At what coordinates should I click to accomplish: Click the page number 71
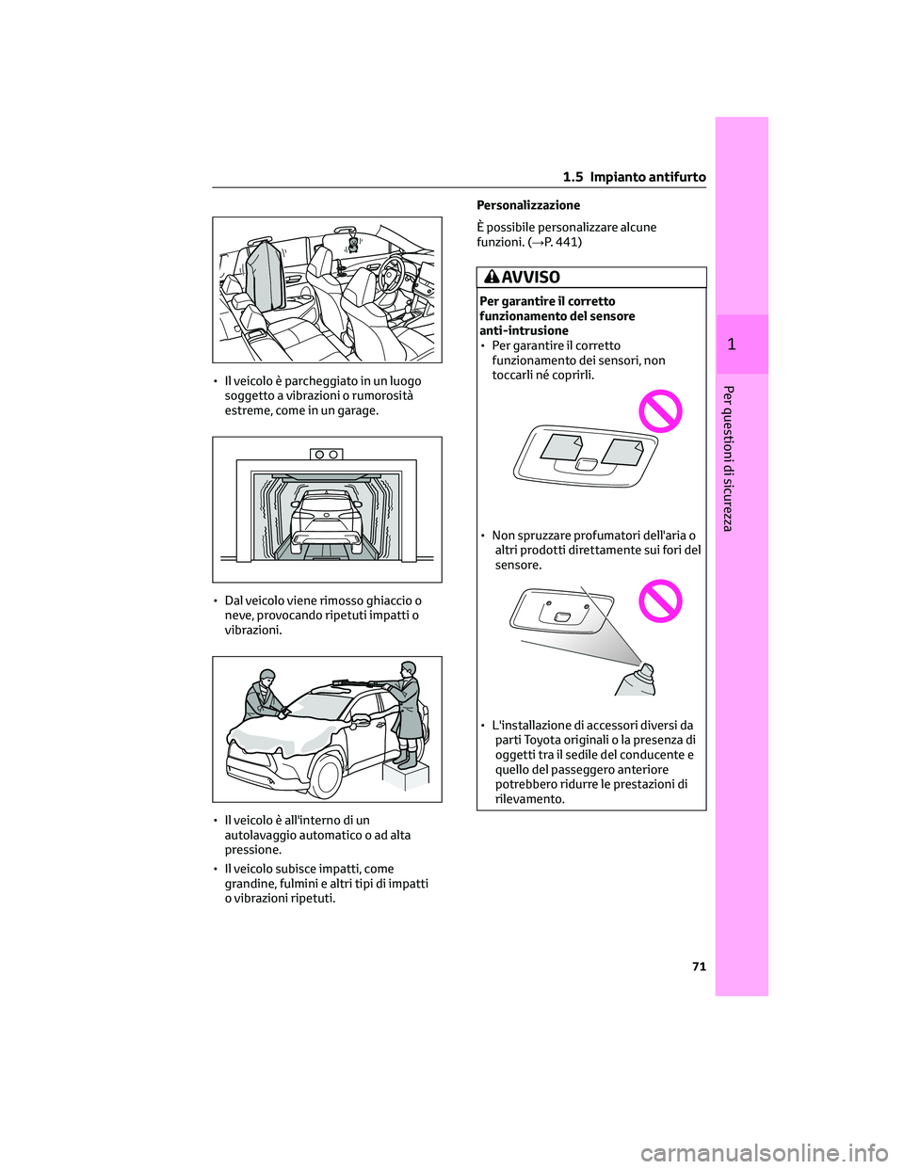[x=699, y=967]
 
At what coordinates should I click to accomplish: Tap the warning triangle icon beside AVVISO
[x=492, y=277]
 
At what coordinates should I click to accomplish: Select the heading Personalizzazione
[x=528, y=205]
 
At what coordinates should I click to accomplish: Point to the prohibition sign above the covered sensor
[x=660, y=411]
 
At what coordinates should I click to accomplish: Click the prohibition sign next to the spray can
[x=660, y=601]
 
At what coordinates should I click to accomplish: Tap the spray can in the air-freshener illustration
[x=638, y=680]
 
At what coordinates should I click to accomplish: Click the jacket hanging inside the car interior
[x=263, y=273]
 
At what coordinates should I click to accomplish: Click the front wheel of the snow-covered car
[x=326, y=776]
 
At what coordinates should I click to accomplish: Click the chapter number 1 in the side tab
[x=732, y=344]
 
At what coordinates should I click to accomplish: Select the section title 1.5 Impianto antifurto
[x=634, y=177]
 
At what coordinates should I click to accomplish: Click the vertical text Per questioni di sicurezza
[x=728, y=457]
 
